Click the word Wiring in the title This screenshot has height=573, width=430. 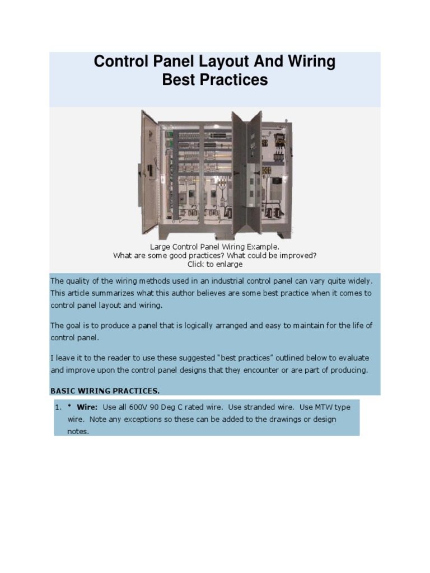tap(307, 62)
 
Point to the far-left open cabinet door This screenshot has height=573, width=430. tap(150, 172)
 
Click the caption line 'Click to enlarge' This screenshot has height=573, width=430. tap(215, 264)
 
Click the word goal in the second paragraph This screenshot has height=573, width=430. tap(76, 326)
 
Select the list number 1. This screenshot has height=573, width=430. tap(58, 407)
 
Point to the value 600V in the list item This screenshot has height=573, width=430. tap(146, 407)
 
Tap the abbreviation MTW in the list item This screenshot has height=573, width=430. tap(319, 407)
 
